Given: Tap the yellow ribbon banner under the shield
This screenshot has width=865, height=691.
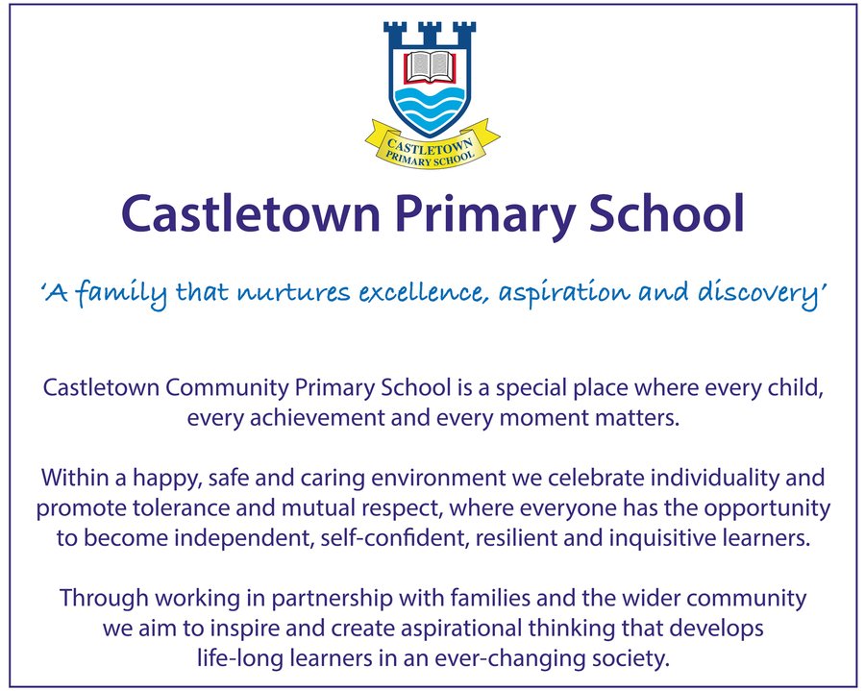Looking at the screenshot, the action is (x=432, y=145).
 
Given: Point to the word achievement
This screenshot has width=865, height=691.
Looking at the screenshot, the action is (x=316, y=417).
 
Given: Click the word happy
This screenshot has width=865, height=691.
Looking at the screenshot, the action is (x=164, y=479).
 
